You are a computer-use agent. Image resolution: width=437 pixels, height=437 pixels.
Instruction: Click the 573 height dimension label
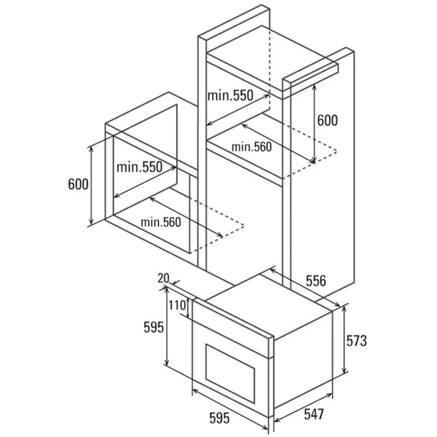356,340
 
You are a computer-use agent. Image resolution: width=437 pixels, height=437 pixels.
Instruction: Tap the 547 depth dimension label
314,414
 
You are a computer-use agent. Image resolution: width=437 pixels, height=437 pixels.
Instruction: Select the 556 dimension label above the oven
316,281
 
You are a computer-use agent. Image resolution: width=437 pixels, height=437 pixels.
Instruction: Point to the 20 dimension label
163,278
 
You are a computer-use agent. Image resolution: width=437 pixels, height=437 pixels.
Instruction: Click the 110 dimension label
177,305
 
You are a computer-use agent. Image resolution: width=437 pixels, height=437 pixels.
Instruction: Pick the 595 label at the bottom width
219,418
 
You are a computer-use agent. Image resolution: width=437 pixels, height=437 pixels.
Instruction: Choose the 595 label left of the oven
153,327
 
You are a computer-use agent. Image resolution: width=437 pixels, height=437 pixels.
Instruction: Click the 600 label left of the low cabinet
78,184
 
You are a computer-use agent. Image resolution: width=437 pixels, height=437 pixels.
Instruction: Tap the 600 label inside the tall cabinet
327,120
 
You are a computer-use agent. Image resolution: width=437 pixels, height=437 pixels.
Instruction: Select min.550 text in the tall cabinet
231,96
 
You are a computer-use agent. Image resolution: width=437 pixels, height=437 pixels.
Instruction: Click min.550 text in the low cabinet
139,167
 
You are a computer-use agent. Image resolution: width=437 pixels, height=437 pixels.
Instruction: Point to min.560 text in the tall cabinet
252,147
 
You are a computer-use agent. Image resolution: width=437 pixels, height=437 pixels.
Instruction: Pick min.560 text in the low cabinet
161,222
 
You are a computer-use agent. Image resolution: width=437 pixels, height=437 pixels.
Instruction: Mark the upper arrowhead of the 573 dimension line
345,307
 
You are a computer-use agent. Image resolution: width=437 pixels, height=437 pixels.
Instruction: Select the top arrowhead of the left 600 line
91,149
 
